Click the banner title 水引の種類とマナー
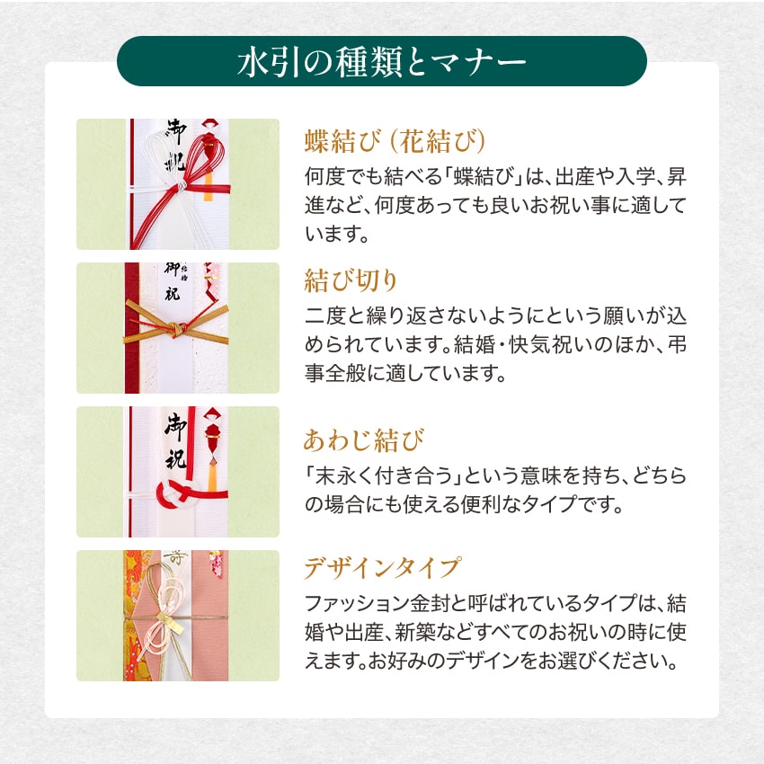(382, 62)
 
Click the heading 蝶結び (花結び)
(395, 141)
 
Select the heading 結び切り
(351, 281)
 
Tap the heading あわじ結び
(363, 441)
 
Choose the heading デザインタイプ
(382, 568)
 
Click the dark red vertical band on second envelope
(130, 328)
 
